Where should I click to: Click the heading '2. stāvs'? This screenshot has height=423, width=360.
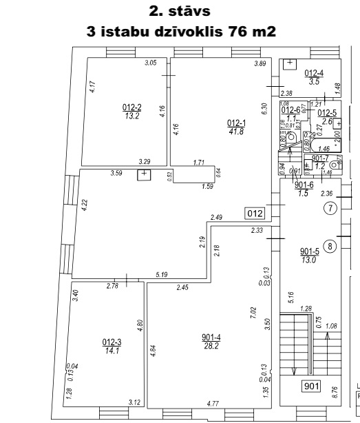[x=180, y=11]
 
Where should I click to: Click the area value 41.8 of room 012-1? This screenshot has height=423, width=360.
[x=235, y=131]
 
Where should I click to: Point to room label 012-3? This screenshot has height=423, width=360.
[x=112, y=341]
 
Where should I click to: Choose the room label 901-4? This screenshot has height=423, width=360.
[x=212, y=337]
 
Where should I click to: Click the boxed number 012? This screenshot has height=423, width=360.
[x=254, y=211]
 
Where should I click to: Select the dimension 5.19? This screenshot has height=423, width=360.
[x=161, y=275]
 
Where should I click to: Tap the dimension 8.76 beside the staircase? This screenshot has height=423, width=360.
[x=335, y=391]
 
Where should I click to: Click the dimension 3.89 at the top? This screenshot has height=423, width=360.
[x=260, y=63]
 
